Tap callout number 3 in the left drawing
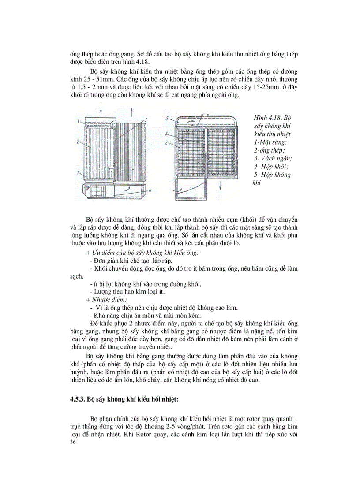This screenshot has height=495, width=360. pos(146,119)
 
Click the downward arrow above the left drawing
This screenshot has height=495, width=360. pos(101,108)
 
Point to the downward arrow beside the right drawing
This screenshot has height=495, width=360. pos(220,183)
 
